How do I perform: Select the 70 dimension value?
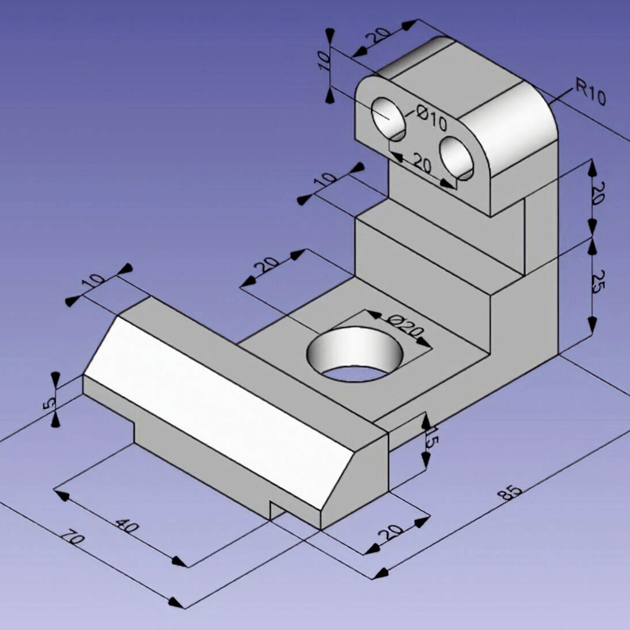[x=72, y=540]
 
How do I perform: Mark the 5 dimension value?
[x=49, y=403]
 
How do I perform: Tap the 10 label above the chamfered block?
[x=93, y=282]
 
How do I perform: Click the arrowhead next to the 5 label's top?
[x=55, y=378]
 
